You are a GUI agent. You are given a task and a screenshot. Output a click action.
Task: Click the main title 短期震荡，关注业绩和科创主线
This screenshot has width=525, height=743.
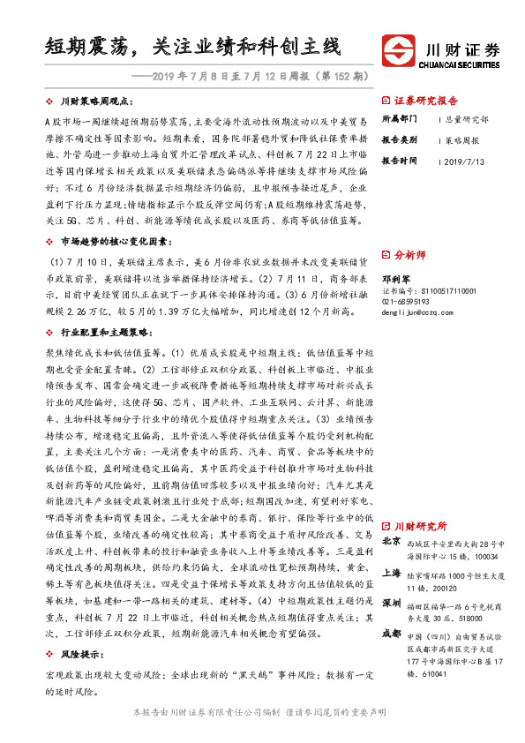[x=192, y=46]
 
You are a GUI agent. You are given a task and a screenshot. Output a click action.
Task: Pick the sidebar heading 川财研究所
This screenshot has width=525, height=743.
[x=419, y=527]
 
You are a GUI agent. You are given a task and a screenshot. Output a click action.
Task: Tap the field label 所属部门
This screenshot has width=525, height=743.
[x=400, y=117]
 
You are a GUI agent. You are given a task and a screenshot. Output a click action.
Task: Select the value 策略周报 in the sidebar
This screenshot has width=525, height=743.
[x=462, y=139]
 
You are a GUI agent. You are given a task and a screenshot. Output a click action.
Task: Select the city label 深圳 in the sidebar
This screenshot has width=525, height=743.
[x=391, y=604]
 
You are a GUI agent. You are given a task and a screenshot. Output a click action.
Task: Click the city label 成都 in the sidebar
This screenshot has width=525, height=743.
[x=391, y=634]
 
